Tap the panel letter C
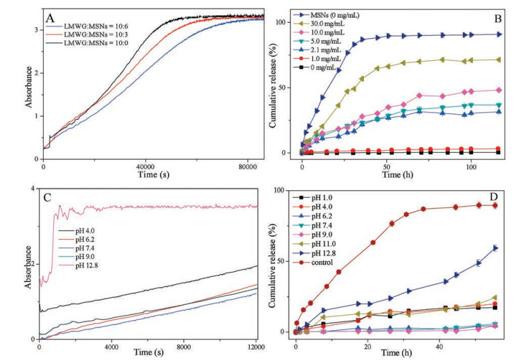click(x=46, y=196)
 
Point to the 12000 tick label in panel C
click(x=255, y=347)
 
